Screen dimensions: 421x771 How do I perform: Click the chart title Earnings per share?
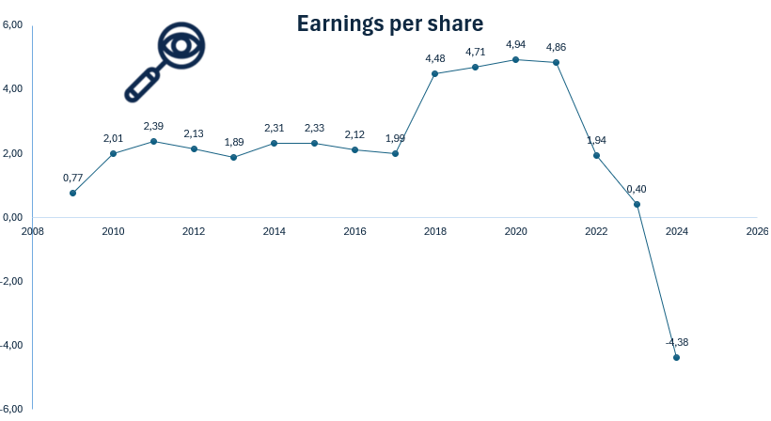[x=389, y=23]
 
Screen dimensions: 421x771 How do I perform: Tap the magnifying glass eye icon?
[x=165, y=61]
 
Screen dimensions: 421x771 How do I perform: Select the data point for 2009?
[x=72, y=193]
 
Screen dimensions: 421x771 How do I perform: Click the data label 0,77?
[x=72, y=178]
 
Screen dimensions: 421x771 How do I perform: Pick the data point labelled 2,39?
[x=153, y=141]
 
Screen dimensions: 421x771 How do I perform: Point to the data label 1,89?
[x=234, y=142]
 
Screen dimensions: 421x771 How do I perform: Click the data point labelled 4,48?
[x=434, y=73]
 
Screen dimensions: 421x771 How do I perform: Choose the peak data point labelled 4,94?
[x=515, y=59]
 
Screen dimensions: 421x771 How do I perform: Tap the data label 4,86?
[x=556, y=47]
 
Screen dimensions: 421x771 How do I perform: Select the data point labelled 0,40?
[x=637, y=204]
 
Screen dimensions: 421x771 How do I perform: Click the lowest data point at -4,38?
[x=677, y=357]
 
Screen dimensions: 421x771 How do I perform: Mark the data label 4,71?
[x=475, y=52]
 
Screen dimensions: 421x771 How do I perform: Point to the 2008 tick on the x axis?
[x=32, y=231]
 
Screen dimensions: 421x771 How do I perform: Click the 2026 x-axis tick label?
[x=757, y=231]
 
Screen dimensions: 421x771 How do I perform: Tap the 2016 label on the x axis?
[x=354, y=231]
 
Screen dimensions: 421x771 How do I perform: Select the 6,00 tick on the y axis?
[x=13, y=25]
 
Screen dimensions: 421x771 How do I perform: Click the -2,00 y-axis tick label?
[x=12, y=281]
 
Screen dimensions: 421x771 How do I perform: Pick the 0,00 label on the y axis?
[x=13, y=217]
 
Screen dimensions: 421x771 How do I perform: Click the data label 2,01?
[x=113, y=139]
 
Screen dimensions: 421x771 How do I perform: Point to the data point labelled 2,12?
[x=354, y=149]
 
